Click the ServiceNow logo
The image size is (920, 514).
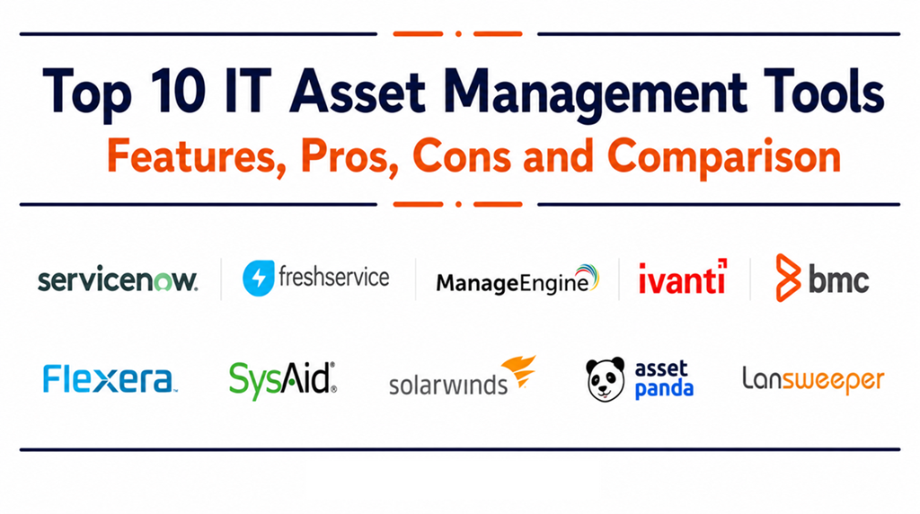(118, 279)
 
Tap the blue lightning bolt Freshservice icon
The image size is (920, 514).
(258, 279)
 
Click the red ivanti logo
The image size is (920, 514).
(683, 277)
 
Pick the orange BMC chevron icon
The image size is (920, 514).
(787, 278)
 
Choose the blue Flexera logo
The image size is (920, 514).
(110, 379)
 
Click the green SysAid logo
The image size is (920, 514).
(283, 380)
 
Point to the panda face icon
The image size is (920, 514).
(606, 379)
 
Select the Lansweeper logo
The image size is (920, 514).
(813, 380)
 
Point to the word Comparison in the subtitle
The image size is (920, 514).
(724, 157)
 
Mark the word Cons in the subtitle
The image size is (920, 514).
(462, 156)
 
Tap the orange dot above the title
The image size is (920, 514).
(458, 34)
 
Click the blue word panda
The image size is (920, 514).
(664, 390)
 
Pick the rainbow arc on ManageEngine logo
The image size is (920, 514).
(588, 275)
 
